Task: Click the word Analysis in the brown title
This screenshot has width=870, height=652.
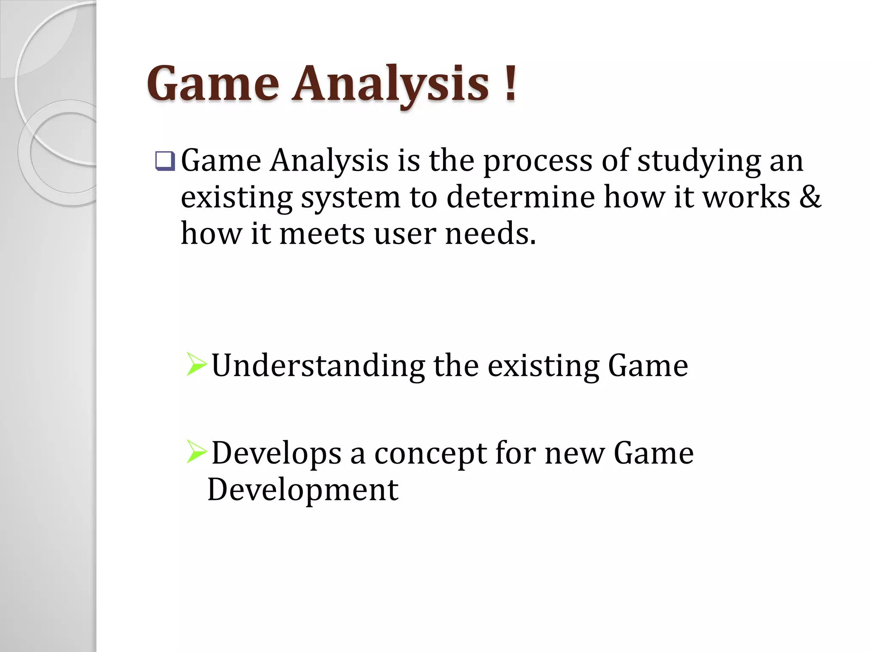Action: [x=391, y=84]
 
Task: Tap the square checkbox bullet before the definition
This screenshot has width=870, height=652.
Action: [x=165, y=161]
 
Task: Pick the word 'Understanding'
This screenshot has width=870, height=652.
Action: [x=318, y=366]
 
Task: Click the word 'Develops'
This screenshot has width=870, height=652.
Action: [x=277, y=453]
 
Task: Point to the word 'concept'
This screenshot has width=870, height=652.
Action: [x=430, y=453]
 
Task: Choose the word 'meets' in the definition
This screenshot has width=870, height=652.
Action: [x=322, y=233]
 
